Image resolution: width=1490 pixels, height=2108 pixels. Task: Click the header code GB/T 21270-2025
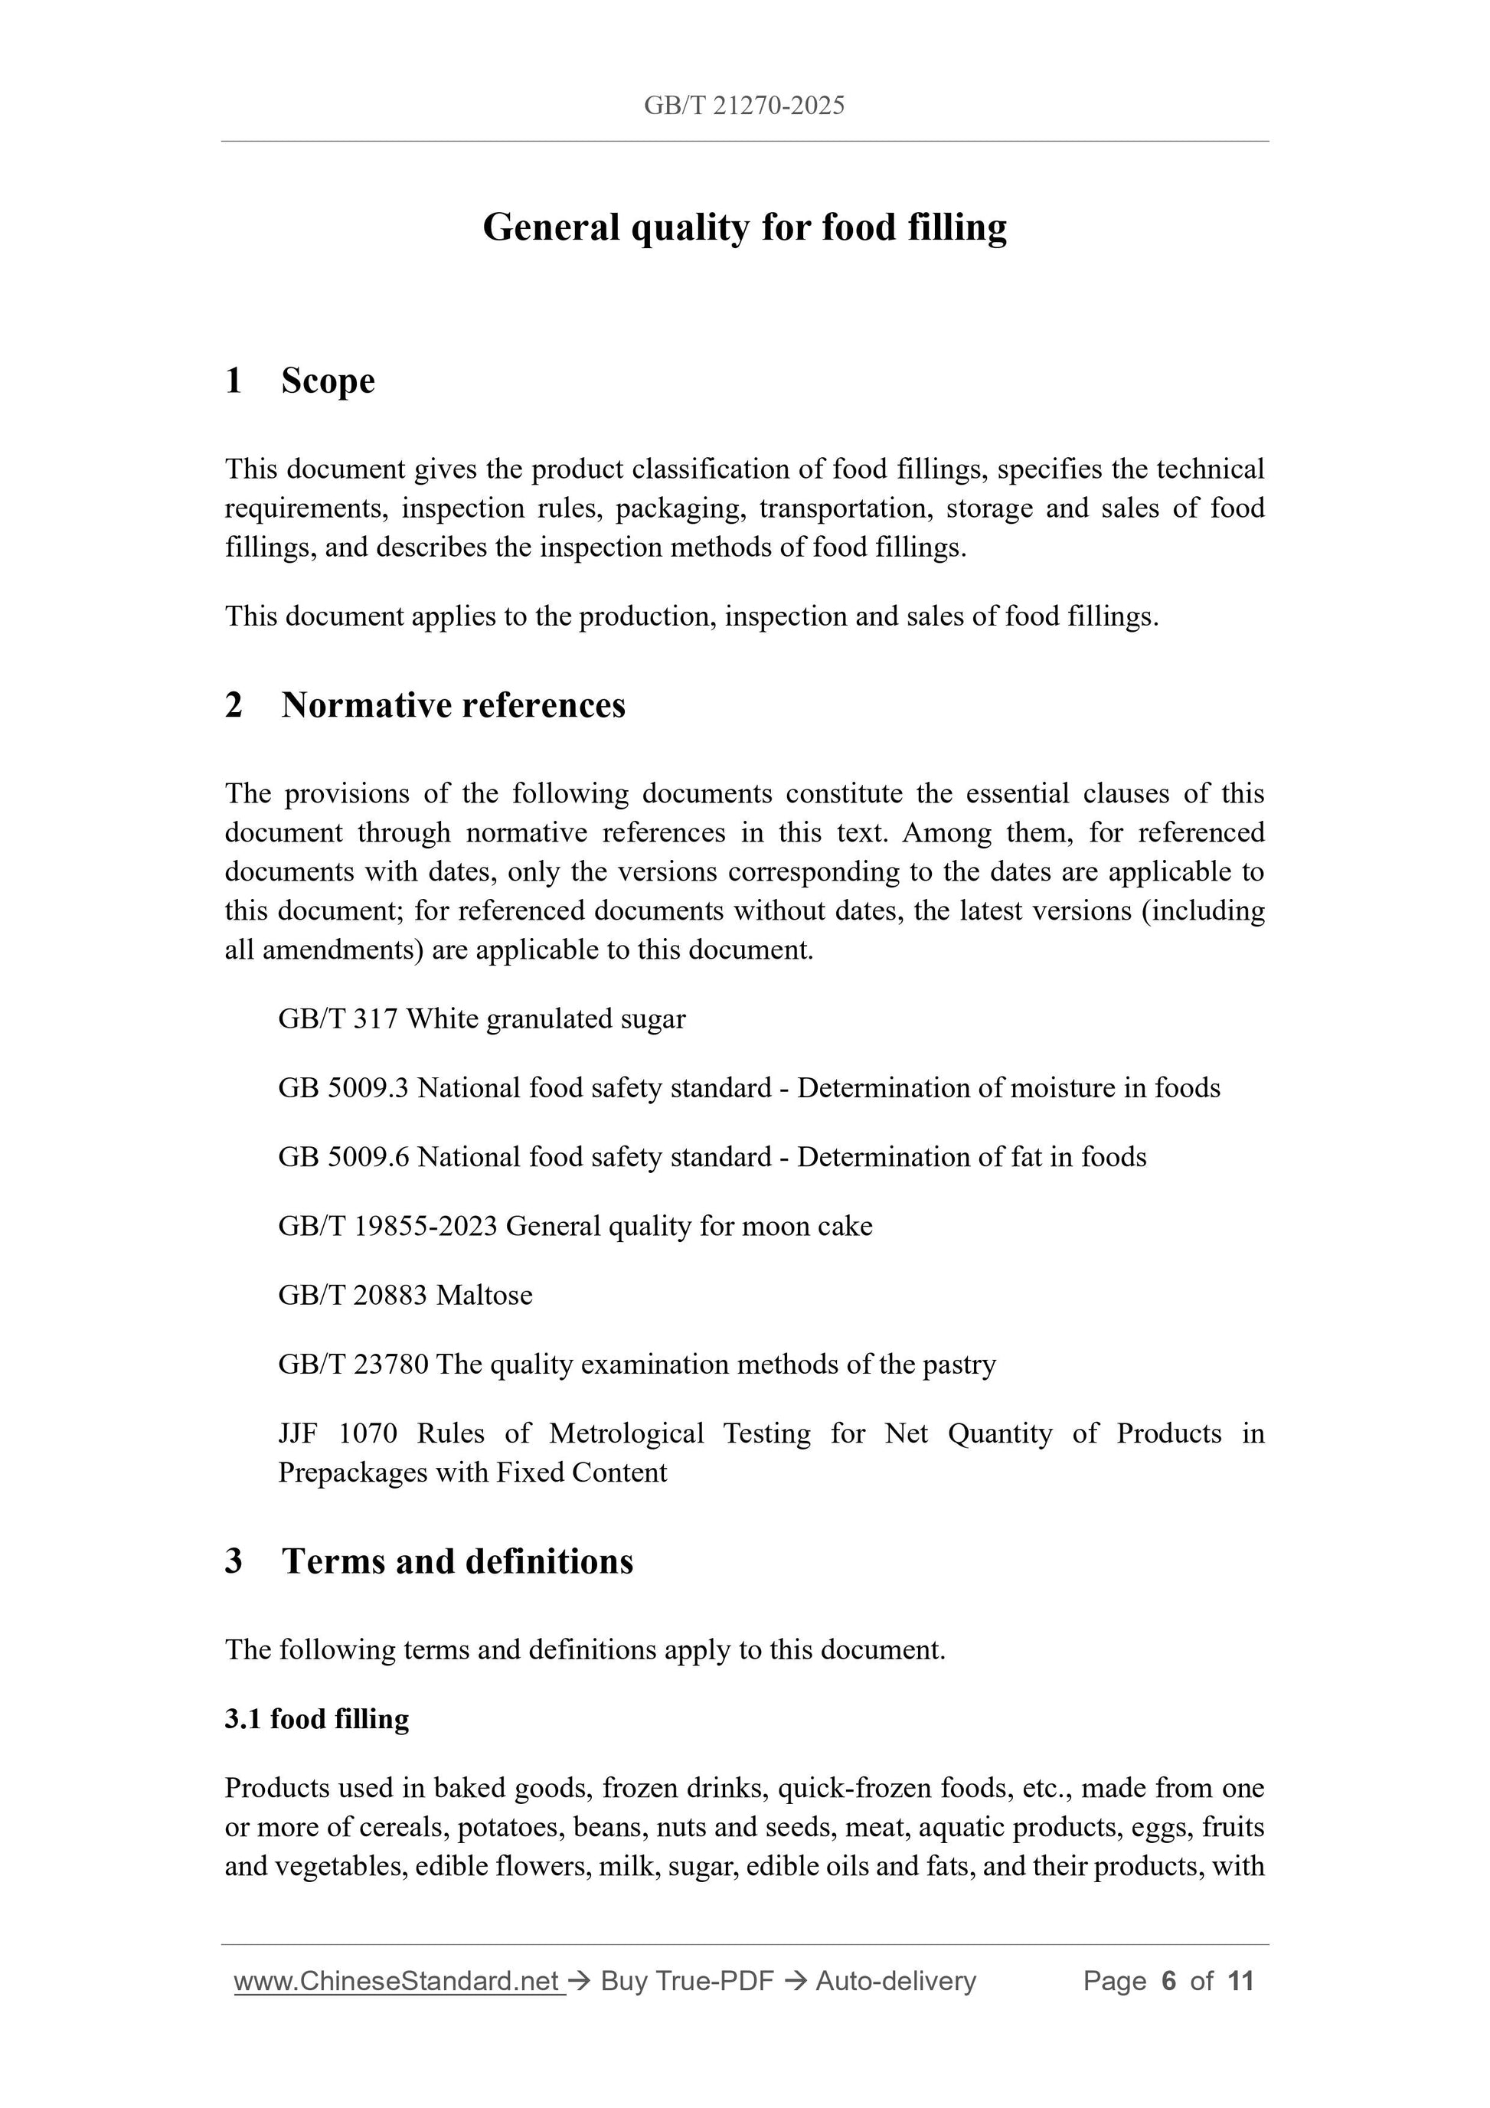point(743,106)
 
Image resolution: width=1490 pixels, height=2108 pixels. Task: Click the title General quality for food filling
point(743,227)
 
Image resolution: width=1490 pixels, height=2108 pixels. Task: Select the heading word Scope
point(328,381)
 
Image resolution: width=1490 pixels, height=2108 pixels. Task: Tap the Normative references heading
point(453,705)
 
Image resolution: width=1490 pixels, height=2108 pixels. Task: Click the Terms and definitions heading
point(457,1561)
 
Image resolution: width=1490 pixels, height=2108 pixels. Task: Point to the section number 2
point(234,705)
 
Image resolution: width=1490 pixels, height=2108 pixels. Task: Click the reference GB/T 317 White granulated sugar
point(481,1019)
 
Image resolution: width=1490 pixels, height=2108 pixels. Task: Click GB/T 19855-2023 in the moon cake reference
point(387,1227)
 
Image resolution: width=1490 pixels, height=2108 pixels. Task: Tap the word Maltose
point(484,1296)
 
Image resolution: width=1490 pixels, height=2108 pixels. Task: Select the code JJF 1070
point(336,1433)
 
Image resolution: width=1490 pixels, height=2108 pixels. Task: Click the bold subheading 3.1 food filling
point(317,1719)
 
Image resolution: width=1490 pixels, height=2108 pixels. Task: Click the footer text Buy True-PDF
point(687,1982)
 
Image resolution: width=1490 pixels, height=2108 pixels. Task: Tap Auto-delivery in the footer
point(895,1982)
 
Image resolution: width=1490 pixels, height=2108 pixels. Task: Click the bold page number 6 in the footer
point(1168,1982)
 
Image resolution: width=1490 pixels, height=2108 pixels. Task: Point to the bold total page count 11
point(1240,1982)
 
